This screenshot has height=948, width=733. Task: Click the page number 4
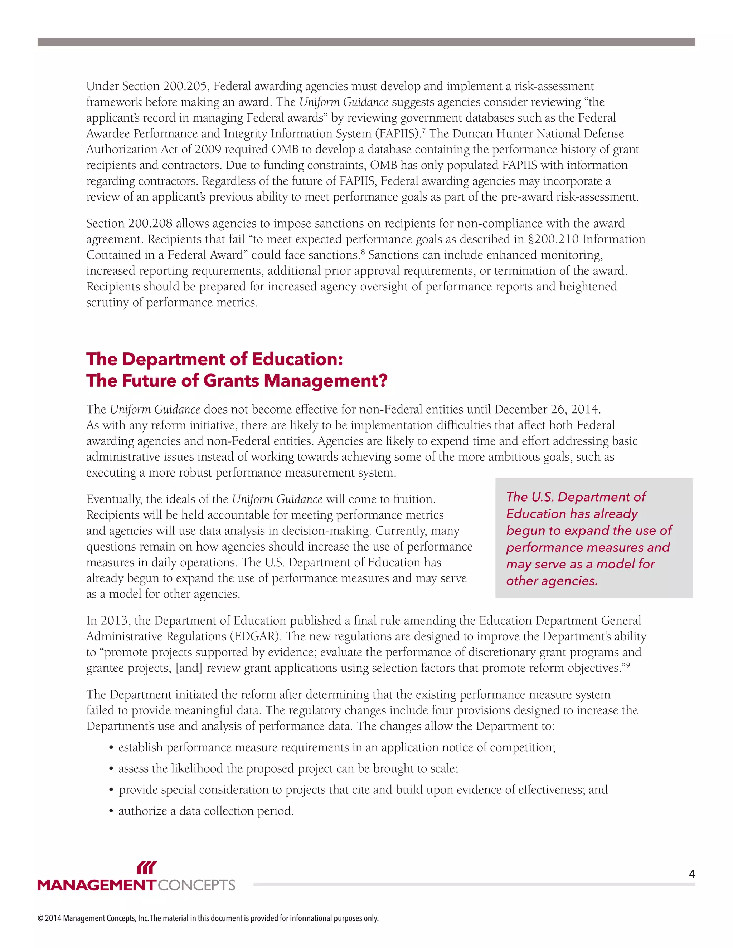point(692,874)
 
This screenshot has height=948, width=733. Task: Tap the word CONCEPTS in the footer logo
point(196,885)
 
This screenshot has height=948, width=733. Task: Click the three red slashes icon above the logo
point(146,868)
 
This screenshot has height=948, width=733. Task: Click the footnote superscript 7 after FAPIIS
point(424,130)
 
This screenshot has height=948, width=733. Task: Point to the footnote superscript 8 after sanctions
point(363,252)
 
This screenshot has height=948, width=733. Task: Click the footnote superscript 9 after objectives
point(628,665)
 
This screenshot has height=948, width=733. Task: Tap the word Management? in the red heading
point(326,381)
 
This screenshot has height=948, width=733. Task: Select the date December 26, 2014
point(547,409)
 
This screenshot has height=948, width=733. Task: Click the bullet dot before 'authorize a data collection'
point(111,811)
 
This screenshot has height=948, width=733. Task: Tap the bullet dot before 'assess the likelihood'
point(111,769)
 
